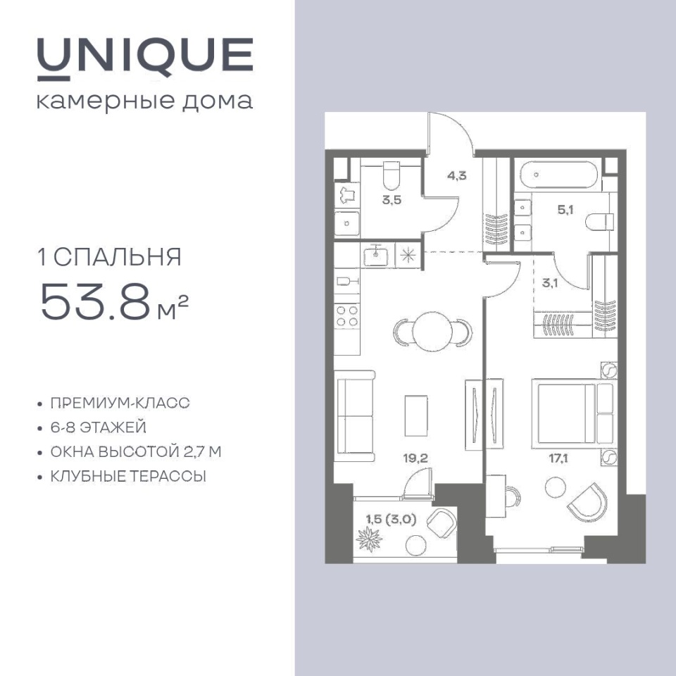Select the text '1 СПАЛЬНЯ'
tap(110, 258)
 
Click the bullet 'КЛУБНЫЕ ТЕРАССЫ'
tap(128, 477)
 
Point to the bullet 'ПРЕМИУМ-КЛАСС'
tap(120, 403)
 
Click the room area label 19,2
tap(415, 458)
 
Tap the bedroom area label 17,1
tap(558, 458)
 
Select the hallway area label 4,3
tap(456, 176)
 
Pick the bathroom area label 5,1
tap(565, 210)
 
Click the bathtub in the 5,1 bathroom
tap(558, 175)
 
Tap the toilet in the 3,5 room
tap(392, 175)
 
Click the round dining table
tap(432, 332)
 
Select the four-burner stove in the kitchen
tap(347, 316)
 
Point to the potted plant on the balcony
tap(368, 539)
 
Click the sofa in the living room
tap(354, 416)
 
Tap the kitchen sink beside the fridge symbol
tap(376, 256)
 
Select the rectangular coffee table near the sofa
tap(416, 415)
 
